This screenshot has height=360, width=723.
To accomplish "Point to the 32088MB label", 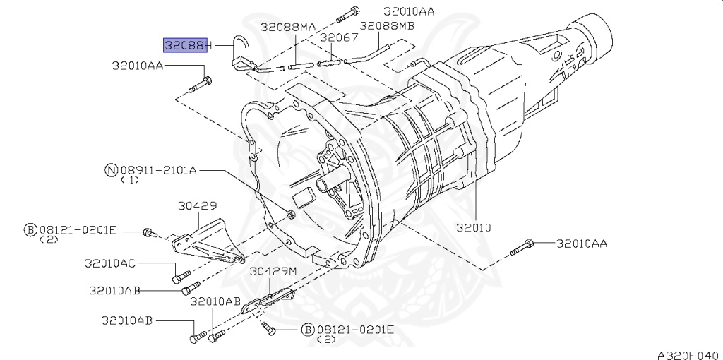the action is [387, 25].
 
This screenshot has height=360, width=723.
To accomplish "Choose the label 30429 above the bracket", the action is [198, 206].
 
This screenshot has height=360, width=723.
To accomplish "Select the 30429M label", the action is [273, 272].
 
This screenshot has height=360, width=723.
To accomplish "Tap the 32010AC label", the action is [110, 263].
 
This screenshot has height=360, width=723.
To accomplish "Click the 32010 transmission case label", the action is [474, 227].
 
